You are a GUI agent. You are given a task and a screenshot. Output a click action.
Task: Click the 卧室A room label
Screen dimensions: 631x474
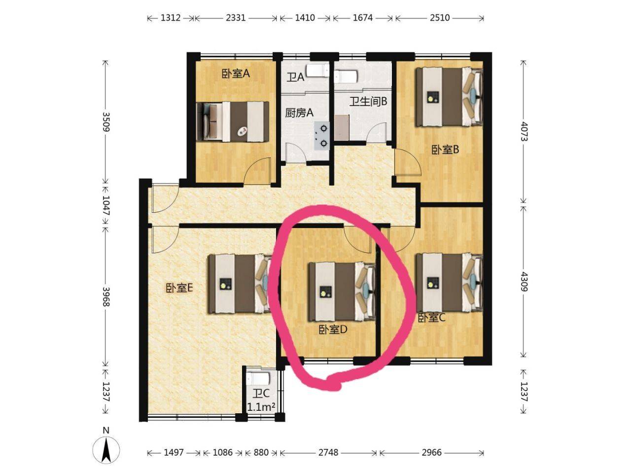click(236, 74)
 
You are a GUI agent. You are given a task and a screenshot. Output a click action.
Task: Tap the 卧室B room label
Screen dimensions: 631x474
click(445, 150)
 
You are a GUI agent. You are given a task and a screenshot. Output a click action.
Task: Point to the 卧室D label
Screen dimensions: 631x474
click(333, 330)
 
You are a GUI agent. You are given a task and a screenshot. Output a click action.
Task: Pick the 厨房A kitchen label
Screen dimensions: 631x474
click(299, 113)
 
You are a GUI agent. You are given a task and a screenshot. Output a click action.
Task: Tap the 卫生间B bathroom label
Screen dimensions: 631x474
click(368, 101)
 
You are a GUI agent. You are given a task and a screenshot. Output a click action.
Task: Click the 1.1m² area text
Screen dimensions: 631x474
click(261, 407)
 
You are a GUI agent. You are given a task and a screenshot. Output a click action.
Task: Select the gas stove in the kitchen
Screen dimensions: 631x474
click(322, 136)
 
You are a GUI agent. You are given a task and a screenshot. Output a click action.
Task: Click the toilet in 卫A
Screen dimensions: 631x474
click(317, 71)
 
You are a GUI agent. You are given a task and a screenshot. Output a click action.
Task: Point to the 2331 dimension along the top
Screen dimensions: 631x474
click(236, 18)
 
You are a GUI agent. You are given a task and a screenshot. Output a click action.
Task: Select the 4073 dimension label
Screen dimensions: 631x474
click(524, 131)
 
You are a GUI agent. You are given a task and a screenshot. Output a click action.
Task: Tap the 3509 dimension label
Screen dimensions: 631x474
click(106, 121)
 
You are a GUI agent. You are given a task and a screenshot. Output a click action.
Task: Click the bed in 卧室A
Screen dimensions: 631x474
click(233, 122)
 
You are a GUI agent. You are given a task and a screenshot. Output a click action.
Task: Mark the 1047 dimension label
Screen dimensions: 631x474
click(106, 205)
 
